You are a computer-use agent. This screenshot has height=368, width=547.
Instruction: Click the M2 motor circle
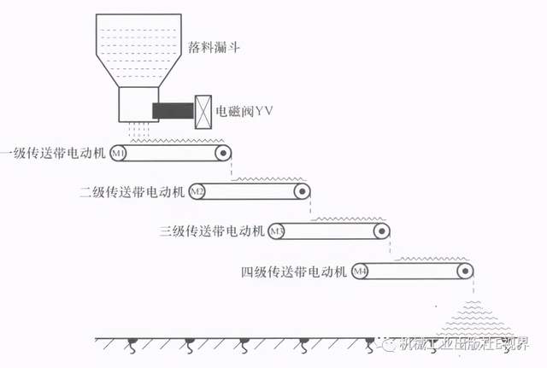click(197, 191)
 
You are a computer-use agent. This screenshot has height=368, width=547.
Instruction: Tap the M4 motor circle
click(361, 272)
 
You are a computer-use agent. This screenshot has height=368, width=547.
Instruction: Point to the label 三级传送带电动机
click(211, 231)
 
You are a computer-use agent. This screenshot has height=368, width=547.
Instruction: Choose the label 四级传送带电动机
click(293, 272)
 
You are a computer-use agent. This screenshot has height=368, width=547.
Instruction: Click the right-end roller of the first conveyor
click(223, 154)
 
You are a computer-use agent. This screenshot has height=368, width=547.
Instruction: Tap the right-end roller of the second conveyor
click(302, 191)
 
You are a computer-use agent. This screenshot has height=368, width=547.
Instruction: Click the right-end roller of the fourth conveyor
click(463, 272)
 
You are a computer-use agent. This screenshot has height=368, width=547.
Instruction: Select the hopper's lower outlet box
click(137, 105)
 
